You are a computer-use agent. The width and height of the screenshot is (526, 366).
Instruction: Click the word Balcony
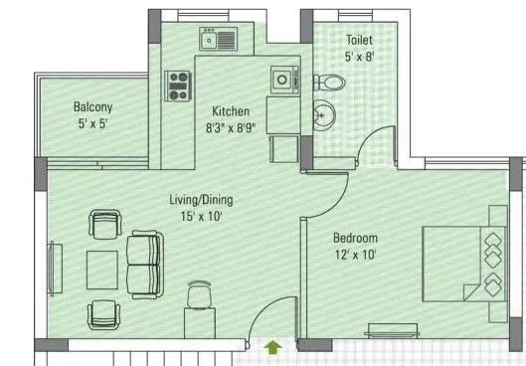pyautogui.click(x=92, y=107)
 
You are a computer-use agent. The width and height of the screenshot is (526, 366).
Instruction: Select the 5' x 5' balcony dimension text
pyautogui.click(x=92, y=124)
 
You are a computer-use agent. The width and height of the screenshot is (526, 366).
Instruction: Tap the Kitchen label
pyautogui.click(x=231, y=111)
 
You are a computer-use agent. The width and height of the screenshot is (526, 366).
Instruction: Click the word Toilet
pyautogui.click(x=359, y=40)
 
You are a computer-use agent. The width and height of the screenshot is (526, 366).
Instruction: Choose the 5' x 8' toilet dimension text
pyautogui.click(x=359, y=56)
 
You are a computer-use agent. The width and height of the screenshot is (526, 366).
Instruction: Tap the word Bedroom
pyautogui.click(x=355, y=239)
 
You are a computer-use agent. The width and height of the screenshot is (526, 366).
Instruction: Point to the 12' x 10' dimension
pyautogui.click(x=355, y=256)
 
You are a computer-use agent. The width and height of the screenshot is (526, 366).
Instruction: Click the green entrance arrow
pyautogui.click(x=273, y=347)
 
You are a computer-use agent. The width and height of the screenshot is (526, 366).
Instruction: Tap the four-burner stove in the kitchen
pyautogui.click(x=179, y=87)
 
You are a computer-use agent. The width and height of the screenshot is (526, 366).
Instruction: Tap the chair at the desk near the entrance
pyautogui.click(x=199, y=294)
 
